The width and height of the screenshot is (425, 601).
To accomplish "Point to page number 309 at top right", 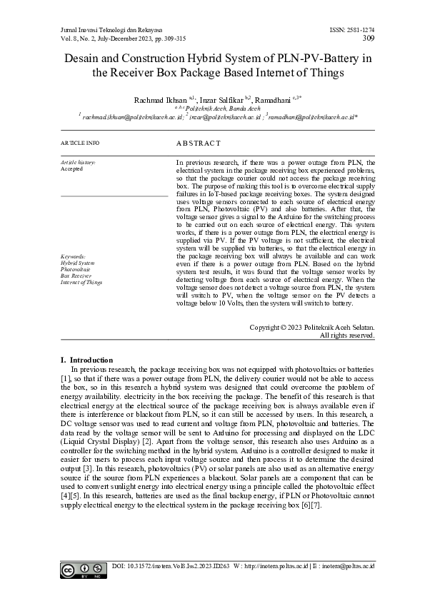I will tap(369, 38).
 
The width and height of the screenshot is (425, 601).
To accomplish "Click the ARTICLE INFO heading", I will tap(80, 143).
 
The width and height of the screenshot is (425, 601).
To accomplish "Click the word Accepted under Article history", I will tap(72, 169).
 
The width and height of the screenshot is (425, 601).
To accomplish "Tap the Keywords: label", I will tap(74, 256).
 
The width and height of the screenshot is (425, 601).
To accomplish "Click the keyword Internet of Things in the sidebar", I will tap(81, 282).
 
